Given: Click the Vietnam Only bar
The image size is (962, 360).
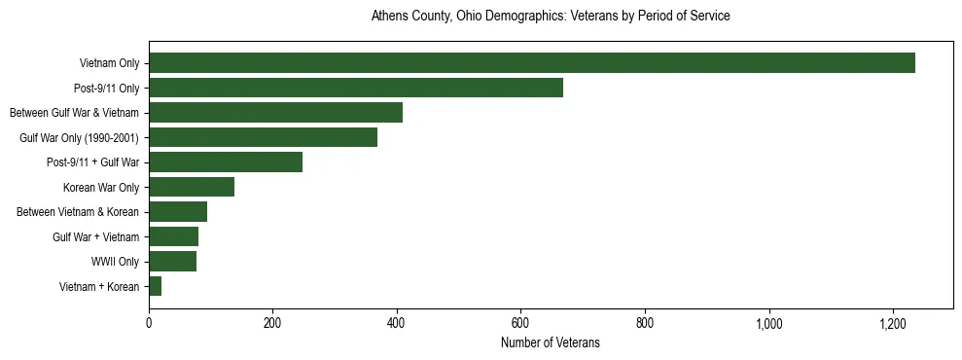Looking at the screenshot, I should point(531,63).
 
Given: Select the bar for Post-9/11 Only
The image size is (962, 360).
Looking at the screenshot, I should point(355,88).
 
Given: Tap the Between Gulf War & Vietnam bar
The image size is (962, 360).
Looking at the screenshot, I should point(275,113).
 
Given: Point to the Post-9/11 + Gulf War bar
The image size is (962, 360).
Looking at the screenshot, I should point(225,162).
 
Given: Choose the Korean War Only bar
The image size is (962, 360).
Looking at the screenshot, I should point(191,187).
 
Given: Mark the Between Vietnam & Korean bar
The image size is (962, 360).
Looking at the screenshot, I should point(177,212).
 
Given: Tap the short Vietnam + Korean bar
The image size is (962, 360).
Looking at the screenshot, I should point(155,286).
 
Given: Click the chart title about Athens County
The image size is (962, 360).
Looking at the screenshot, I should point(550,17).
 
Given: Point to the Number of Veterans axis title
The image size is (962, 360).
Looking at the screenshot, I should point(550,343).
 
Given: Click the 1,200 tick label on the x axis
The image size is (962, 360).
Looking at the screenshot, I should point(893,323).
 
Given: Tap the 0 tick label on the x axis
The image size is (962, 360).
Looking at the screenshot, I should point(149,323).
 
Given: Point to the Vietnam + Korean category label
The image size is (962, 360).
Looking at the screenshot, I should point(98,287).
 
